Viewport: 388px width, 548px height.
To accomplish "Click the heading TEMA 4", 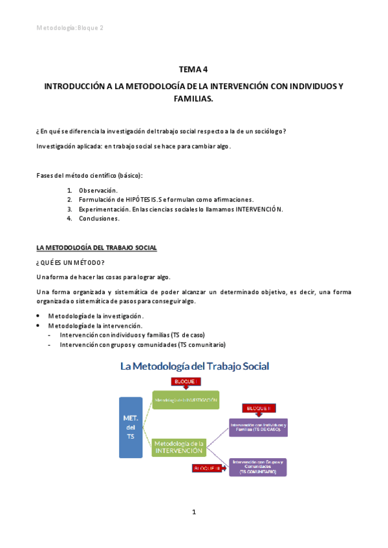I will (x=193, y=69).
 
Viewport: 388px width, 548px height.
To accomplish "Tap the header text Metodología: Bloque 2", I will (x=70, y=27).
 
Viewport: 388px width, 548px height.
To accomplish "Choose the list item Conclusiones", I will (x=100, y=218).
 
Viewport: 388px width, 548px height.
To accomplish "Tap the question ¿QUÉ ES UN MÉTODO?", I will (x=63, y=262).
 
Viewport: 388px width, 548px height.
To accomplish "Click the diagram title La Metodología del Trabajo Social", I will (x=194, y=366).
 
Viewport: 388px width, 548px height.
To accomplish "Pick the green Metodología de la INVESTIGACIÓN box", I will (x=186, y=401).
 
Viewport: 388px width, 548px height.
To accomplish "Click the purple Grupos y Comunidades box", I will (x=258, y=467).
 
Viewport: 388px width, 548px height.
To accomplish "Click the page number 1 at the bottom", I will (x=193, y=512).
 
